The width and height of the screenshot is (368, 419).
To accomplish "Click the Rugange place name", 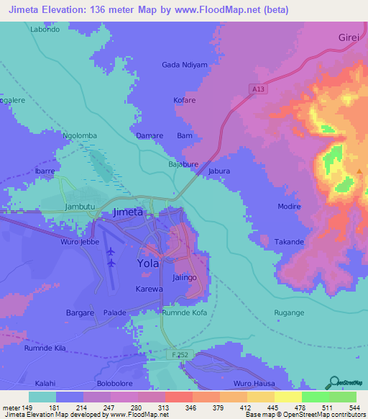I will coord(290,312).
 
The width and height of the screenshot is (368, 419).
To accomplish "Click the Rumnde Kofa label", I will coord(184,312).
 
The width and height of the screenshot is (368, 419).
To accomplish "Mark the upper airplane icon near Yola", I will coord(111,251).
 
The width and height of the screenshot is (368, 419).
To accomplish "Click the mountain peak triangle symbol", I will coord(360,171).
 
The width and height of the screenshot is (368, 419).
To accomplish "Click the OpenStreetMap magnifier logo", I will coord(333,382).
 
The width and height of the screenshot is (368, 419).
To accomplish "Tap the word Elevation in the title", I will coord(68,9).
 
